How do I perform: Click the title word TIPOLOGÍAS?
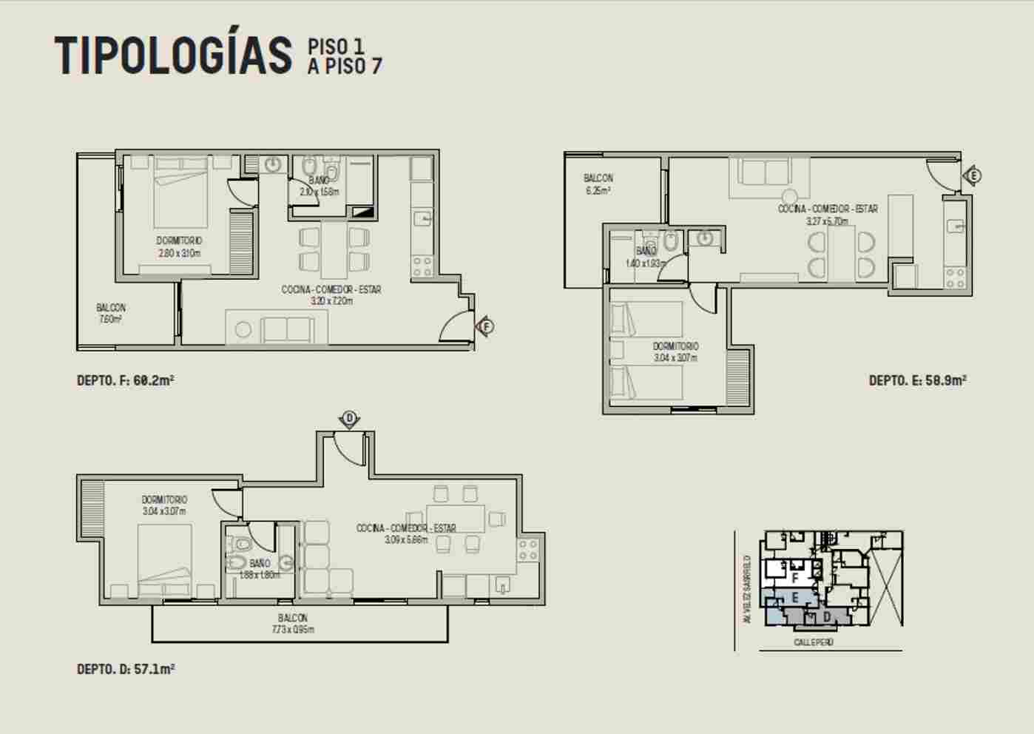click(173, 55)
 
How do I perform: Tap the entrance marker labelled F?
click(486, 326)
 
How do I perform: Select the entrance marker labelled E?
click(973, 176)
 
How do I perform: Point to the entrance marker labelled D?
click(349, 419)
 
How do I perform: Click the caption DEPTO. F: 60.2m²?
click(126, 380)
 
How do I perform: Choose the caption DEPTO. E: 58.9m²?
click(917, 380)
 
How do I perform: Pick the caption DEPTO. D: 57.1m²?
click(126, 669)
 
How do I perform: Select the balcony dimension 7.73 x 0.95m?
click(293, 630)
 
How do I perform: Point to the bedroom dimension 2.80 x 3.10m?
click(179, 253)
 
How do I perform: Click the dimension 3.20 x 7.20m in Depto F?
click(331, 300)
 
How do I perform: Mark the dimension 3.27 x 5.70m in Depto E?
click(827, 220)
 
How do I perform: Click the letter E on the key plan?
click(794, 597)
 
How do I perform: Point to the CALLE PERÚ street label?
click(814, 642)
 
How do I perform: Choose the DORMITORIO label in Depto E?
click(675, 346)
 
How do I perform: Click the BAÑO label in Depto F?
click(320, 181)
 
